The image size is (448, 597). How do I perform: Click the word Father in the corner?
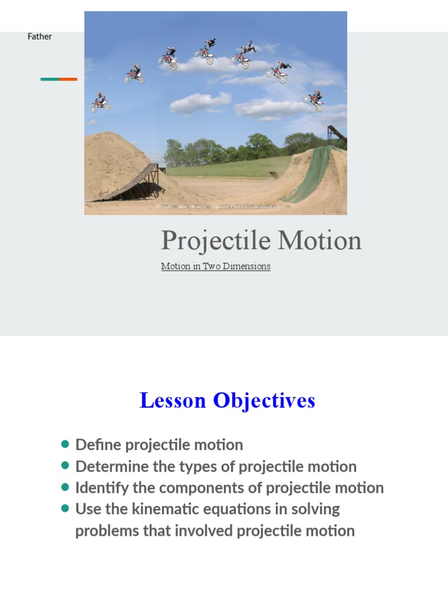coord(40,37)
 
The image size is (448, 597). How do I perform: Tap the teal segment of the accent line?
coord(50,79)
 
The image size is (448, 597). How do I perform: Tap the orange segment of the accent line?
coord(68,79)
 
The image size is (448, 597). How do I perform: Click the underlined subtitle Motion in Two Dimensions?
coord(215,266)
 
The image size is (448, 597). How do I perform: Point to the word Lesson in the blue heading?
coord(173,401)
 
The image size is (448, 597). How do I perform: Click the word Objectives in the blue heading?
coord(264,401)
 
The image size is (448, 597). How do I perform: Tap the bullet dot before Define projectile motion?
coord(65,444)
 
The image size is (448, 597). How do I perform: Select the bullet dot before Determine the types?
coord(65,466)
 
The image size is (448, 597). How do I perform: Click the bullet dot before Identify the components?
coord(65,487)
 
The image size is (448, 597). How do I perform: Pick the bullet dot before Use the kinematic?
coord(65,508)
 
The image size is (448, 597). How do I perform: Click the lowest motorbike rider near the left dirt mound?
coord(100,103)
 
